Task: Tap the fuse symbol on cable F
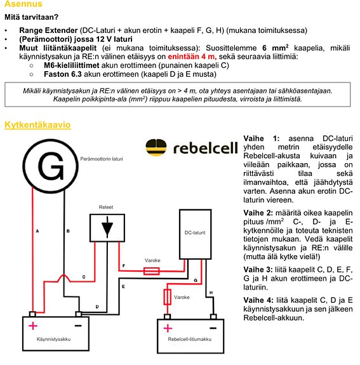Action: [x=151, y=271]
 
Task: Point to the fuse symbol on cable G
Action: [x=167, y=297]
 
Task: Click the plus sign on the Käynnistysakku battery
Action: [x=33, y=326]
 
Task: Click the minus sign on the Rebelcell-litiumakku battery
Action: [x=213, y=328]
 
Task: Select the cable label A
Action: [x=37, y=231]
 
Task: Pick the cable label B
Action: [x=68, y=231]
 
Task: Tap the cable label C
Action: [x=84, y=277]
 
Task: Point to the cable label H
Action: [x=211, y=293]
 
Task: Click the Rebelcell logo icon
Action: [x=156, y=147]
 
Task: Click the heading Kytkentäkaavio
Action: [x=37, y=125]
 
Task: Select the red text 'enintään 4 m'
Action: [x=192, y=56]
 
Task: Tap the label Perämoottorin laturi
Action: [x=102, y=159]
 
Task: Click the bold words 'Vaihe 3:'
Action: [x=258, y=270]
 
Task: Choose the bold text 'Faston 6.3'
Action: [x=63, y=74]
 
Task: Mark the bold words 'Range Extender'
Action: [x=48, y=30]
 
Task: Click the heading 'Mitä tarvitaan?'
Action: [x=32, y=17]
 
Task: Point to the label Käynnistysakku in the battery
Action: [x=53, y=339]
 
